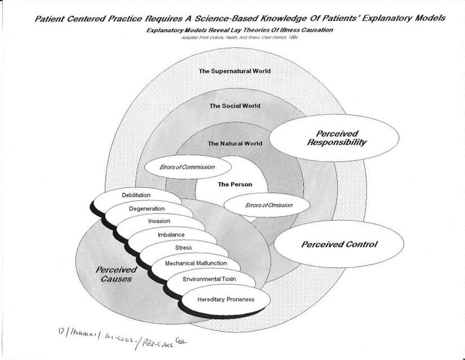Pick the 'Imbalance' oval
[x=171, y=235]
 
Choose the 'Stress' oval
[x=183, y=248]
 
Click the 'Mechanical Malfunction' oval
[x=196, y=264]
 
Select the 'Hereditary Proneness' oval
[x=226, y=299]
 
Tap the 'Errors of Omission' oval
[x=266, y=205]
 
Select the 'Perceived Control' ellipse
[x=339, y=244]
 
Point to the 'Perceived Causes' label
[x=114, y=274]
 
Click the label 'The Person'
[x=235, y=185]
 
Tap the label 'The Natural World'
[x=235, y=144]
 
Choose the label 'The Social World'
[x=235, y=106]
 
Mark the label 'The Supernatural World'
[x=234, y=71]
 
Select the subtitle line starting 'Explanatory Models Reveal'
[x=239, y=30]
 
